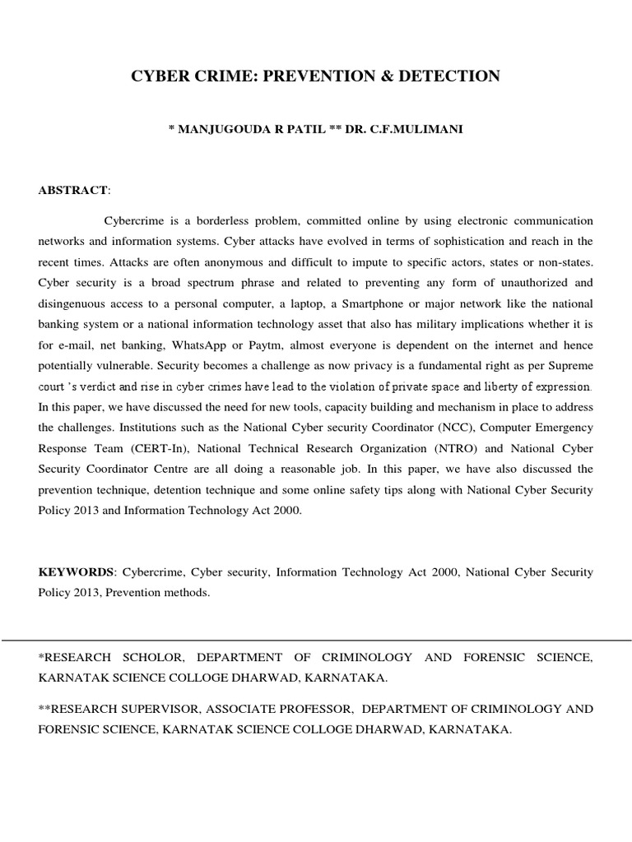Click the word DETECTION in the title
[x=448, y=76]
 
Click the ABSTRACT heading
[x=72, y=190]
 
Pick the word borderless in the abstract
[x=241, y=222]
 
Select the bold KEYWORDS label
[x=76, y=571]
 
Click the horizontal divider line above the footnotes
[x=316, y=640]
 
